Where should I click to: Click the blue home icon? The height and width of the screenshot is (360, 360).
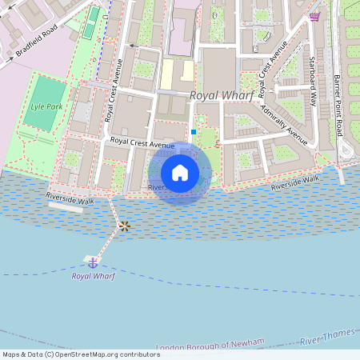coord(180,173)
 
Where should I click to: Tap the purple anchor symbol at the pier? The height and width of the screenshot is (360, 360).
coord(93,262)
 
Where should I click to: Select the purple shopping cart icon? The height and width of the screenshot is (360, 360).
coord(314,16)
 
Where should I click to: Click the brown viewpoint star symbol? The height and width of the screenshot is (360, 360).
coord(124,226)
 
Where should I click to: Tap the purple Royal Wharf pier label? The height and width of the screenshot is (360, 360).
coord(93,276)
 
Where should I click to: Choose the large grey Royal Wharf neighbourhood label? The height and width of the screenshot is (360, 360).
coord(222,95)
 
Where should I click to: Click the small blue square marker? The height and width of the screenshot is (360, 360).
coord(194,131)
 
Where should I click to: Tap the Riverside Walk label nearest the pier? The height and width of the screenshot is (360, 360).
coord(70,196)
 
